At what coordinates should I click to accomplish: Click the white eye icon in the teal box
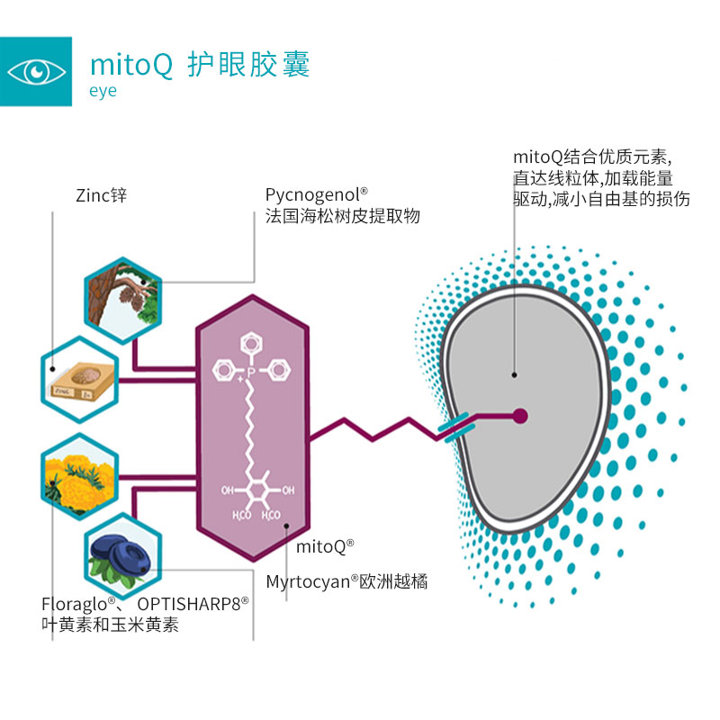[x=36, y=71]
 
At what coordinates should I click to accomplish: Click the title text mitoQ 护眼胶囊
[x=200, y=67]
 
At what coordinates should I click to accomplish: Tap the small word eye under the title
[x=103, y=91]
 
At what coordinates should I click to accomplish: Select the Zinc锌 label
[x=102, y=193]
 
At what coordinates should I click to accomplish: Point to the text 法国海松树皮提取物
[x=342, y=216]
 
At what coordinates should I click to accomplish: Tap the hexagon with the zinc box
[x=80, y=375]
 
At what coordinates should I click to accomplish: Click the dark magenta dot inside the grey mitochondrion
[x=519, y=415]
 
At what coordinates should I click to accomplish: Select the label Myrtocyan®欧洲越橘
[x=346, y=581]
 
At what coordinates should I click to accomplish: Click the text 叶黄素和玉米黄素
[x=110, y=625]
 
